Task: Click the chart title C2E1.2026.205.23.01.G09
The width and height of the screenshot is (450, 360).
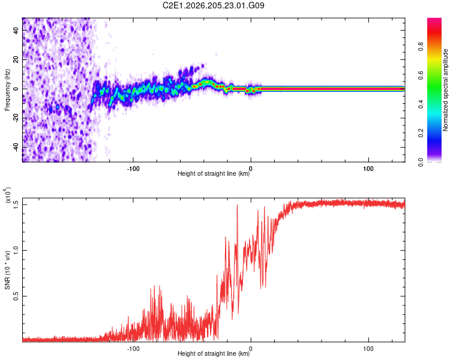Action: coord(213,5)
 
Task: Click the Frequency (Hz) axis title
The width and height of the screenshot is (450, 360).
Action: coord(7,90)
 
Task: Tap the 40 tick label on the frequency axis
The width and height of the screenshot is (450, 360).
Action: coord(16,30)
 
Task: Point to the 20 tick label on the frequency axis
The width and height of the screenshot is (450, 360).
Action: coord(16,59)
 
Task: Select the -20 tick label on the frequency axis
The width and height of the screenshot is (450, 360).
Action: coord(16,118)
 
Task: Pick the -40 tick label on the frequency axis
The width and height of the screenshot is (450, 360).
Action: coord(16,147)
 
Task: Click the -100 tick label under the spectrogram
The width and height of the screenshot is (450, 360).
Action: coord(133,169)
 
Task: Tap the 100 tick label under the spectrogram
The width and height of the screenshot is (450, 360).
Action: coord(368,169)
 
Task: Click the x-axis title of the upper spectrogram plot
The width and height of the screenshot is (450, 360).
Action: coord(214,173)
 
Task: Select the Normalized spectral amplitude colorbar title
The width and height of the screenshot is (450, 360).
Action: coord(445,90)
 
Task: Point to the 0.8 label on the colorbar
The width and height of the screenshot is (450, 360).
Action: coord(421,46)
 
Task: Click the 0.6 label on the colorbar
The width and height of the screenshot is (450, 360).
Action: coord(421,75)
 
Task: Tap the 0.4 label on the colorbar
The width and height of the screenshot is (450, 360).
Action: coord(421,104)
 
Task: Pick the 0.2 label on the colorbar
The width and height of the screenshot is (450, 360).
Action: coord(421,133)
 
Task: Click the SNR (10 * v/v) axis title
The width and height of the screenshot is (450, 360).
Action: coord(7,270)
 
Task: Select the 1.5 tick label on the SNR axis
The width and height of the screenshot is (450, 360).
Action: coord(16,205)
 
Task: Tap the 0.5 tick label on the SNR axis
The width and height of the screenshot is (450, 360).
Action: coord(16,296)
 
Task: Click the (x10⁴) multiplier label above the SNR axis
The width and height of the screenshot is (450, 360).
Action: coord(7,195)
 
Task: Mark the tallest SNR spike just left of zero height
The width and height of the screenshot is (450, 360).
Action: coord(238,205)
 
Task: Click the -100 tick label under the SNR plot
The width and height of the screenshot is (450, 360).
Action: coord(133,349)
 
